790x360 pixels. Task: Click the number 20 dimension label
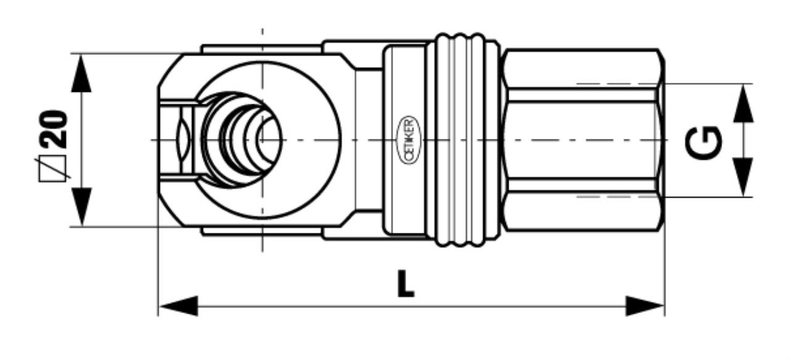(x=54, y=129)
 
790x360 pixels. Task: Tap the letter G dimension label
(x=703, y=143)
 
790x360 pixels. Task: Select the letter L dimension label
(x=405, y=283)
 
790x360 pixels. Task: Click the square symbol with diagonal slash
(x=53, y=169)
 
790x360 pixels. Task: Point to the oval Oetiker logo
(x=409, y=140)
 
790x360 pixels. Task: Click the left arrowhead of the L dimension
(x=178, y=306)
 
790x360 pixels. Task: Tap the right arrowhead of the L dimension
(x=645, y=306)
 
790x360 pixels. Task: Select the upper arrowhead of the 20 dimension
(x=81, y=73)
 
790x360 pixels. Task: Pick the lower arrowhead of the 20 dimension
(x=81, y=207)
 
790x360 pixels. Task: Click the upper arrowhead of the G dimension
(x=743, y=103)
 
